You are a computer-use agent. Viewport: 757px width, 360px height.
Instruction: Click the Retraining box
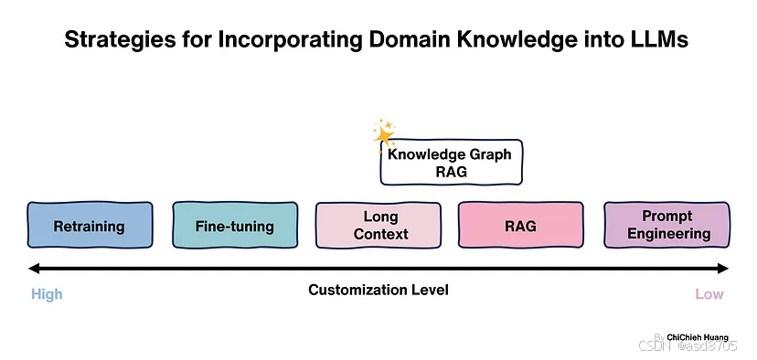(x=89, y=226)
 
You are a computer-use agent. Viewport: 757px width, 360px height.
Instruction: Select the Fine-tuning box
(x=234, y=226)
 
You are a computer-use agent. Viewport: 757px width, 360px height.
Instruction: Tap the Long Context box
(x=380, y=226)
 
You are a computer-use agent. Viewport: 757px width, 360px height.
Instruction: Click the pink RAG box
(x=520, y=226)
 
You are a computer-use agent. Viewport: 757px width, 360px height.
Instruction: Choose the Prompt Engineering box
(x=666, y=226)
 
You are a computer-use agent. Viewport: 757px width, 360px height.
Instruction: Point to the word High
(x=47, y=294)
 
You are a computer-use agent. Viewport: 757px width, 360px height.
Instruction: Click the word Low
(x=709, y=294)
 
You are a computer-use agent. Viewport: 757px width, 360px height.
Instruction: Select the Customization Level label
(x=378, y=291)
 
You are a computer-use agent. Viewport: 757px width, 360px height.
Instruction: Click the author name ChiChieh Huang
(x=698, y=337)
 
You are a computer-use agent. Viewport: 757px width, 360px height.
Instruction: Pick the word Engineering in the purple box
(x=666, y=234)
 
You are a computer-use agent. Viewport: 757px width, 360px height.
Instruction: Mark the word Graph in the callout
(x=488, y=154)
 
